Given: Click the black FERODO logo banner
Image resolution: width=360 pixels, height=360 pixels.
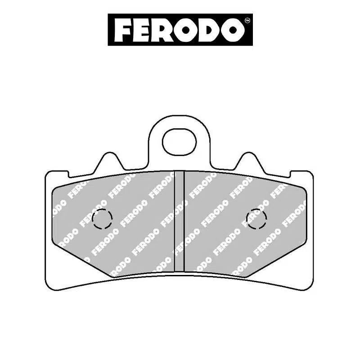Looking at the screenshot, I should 180,30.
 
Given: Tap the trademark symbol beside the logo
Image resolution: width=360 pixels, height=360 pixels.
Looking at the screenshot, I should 247,21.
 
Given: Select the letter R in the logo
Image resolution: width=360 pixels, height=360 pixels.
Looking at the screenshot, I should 165,30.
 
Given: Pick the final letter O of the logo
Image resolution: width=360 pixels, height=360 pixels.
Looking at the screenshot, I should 232,30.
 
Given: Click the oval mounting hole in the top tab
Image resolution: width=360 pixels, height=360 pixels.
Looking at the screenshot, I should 180,141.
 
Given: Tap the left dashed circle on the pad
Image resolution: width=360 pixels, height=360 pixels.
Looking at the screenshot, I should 102,219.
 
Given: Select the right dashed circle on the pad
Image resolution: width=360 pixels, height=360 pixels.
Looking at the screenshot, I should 256,219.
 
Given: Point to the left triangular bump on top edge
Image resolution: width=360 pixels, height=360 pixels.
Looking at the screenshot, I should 108,163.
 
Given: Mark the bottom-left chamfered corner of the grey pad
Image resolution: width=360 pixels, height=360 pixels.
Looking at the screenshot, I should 81,259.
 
